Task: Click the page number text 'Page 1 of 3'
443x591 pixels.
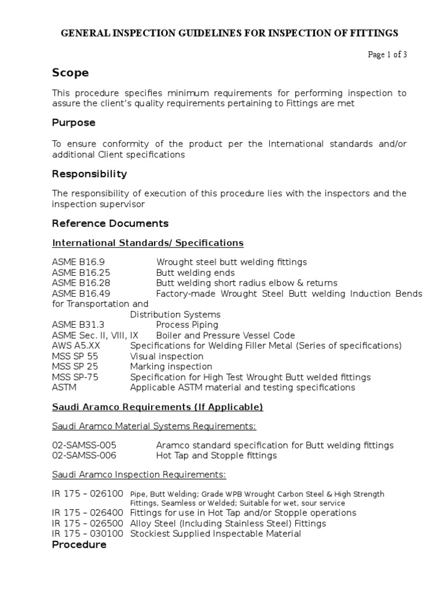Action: [x=388, y=55]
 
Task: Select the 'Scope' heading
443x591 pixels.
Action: [x=70, y=73]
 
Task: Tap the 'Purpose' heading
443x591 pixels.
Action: [x=74, y=123]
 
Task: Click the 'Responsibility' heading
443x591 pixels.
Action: [x=89, y=174]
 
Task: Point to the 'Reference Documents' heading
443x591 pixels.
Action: [x=110, y=223]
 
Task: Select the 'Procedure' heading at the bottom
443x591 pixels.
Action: [x=79, y=545]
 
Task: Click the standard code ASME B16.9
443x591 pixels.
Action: [x=78, y=263]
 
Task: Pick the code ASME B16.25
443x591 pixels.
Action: [x=81, y=273]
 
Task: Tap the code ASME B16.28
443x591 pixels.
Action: [x=81, y=283]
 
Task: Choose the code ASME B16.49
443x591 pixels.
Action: [x=81, y=294]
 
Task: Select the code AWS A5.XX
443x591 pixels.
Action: [x=77, y=346]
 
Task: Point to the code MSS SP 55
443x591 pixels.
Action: [x=75, y=357]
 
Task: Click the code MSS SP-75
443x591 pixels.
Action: [x=75, y=377]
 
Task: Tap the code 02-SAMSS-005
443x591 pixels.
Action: [x=84, y=446]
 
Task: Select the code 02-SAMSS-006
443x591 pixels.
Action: [x=84, y=456]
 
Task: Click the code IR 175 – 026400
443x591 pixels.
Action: [x=88, y=513]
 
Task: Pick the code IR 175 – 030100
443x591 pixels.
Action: [x=88, y=534]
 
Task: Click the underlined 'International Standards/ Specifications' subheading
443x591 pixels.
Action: [x=148, y=243]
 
